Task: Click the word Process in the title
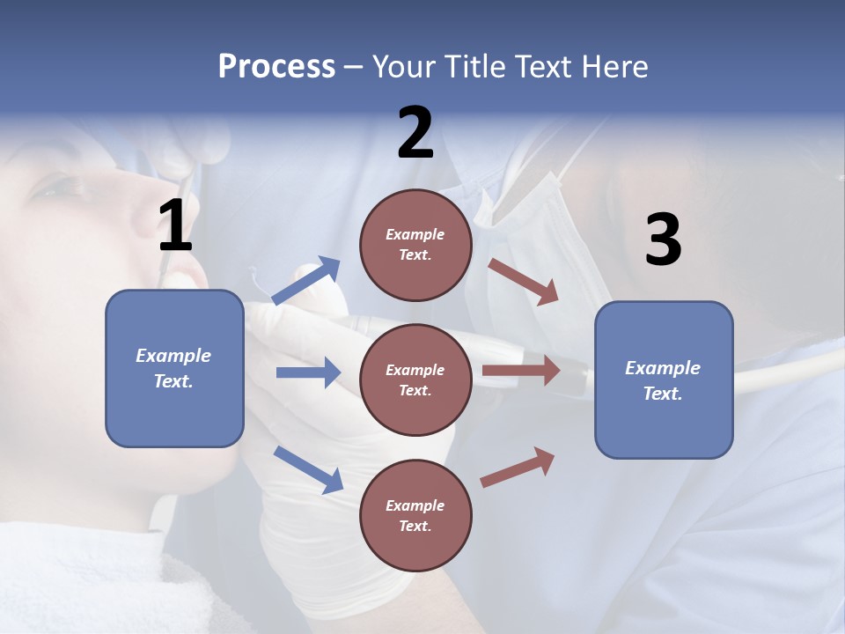coord(276,67)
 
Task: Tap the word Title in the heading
coord(473,67)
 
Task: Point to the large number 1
coord(175,226)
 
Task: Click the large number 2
coord(415,133)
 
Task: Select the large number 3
coord(663,240)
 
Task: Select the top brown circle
coord(415,245)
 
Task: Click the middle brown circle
coord(415,380)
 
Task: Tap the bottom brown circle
coord(415,516)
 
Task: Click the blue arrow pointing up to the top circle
coord(306,280)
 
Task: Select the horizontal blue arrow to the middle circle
coord(308,372)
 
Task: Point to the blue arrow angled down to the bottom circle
coord(308,469)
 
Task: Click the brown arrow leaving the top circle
coord(524,281)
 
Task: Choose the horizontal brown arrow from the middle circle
coord(521,371)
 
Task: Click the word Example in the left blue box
coord(173,356)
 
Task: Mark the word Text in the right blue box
coord(662,394)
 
